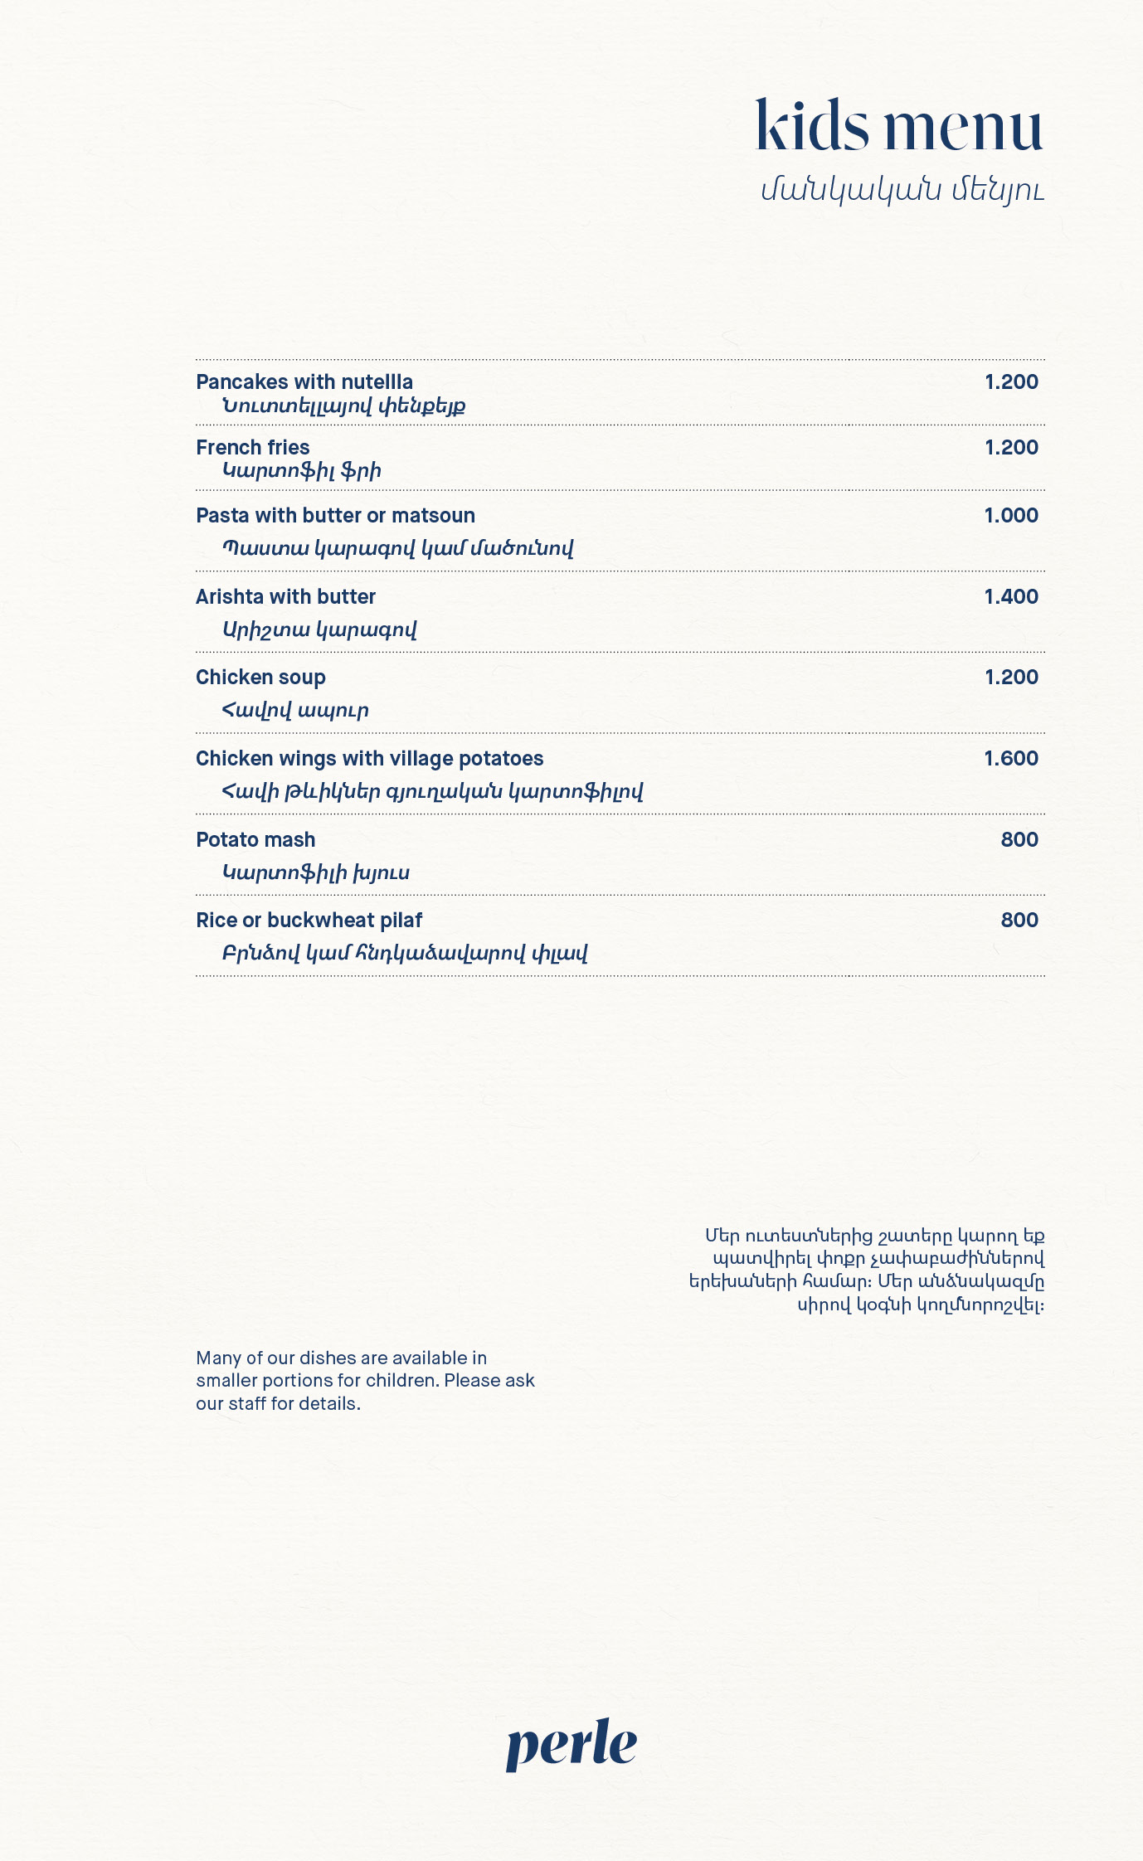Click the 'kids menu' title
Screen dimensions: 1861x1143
[x=899, y=126]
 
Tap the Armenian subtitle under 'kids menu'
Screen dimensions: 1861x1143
[x=902, y=191]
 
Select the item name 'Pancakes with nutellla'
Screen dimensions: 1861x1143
[x=304, y=381]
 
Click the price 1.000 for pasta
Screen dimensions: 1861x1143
[x=1011, y=515]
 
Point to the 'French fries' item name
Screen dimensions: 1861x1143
[x=253, y=447]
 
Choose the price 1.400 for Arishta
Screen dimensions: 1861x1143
[x=1011, y=596]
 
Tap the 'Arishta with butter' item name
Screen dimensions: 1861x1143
[x=286, y=596]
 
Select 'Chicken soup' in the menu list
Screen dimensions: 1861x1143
[x=260, y=677]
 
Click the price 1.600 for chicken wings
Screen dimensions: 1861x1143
[x=1011, y=758]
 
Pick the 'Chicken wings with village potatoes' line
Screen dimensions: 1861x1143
[x=370, y=758]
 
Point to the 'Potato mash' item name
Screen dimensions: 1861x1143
[x=255, y=839]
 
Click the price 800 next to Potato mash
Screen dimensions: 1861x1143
[x=1019, y=839]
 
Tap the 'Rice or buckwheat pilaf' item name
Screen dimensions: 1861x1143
[x=309, y=920]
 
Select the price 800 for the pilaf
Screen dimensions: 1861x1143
[x=1019, y=920]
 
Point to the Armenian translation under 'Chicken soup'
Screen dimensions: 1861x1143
[x=295, y=710]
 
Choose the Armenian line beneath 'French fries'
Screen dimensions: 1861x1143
[x=301, y=471]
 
